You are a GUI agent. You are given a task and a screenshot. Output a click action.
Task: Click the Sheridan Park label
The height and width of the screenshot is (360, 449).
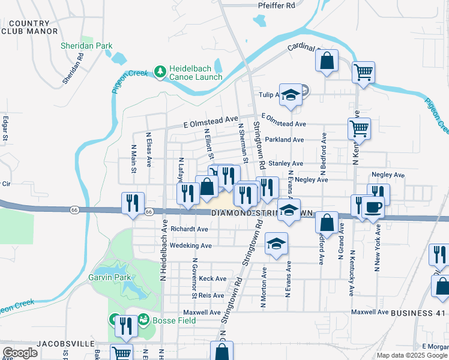click(86, 46)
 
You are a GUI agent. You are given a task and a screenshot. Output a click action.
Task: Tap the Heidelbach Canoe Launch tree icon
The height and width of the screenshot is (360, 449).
click(160, 72)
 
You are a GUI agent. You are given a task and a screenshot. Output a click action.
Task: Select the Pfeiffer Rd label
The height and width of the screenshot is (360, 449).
click(277, 5)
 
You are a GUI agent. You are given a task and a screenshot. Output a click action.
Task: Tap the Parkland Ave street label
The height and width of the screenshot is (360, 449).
click(283, 140)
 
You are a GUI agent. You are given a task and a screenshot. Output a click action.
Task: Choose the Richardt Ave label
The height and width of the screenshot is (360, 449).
click(189, 229)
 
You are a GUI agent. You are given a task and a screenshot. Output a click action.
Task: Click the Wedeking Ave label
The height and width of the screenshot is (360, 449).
click(191, 245)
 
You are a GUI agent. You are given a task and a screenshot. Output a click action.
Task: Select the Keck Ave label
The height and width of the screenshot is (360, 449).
click(212, 278)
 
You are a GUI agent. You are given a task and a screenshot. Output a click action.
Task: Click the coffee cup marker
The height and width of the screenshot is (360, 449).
click(372, 208)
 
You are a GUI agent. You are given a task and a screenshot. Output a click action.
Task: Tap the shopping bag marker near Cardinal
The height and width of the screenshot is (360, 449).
click(327, 61)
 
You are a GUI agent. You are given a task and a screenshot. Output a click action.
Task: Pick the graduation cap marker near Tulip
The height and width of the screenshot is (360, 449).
click(291, 95)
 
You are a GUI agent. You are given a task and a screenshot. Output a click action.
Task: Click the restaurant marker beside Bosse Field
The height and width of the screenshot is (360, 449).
click(125, 326)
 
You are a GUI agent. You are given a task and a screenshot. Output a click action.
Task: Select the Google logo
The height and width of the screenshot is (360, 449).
click(20, 353)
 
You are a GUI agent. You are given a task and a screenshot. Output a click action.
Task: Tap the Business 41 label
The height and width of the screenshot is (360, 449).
click(418, 313)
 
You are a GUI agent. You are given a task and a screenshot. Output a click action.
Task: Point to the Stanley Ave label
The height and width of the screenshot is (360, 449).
click(285, 163)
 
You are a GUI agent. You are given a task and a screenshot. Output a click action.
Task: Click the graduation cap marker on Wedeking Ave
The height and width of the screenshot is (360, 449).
click(276, 244)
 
